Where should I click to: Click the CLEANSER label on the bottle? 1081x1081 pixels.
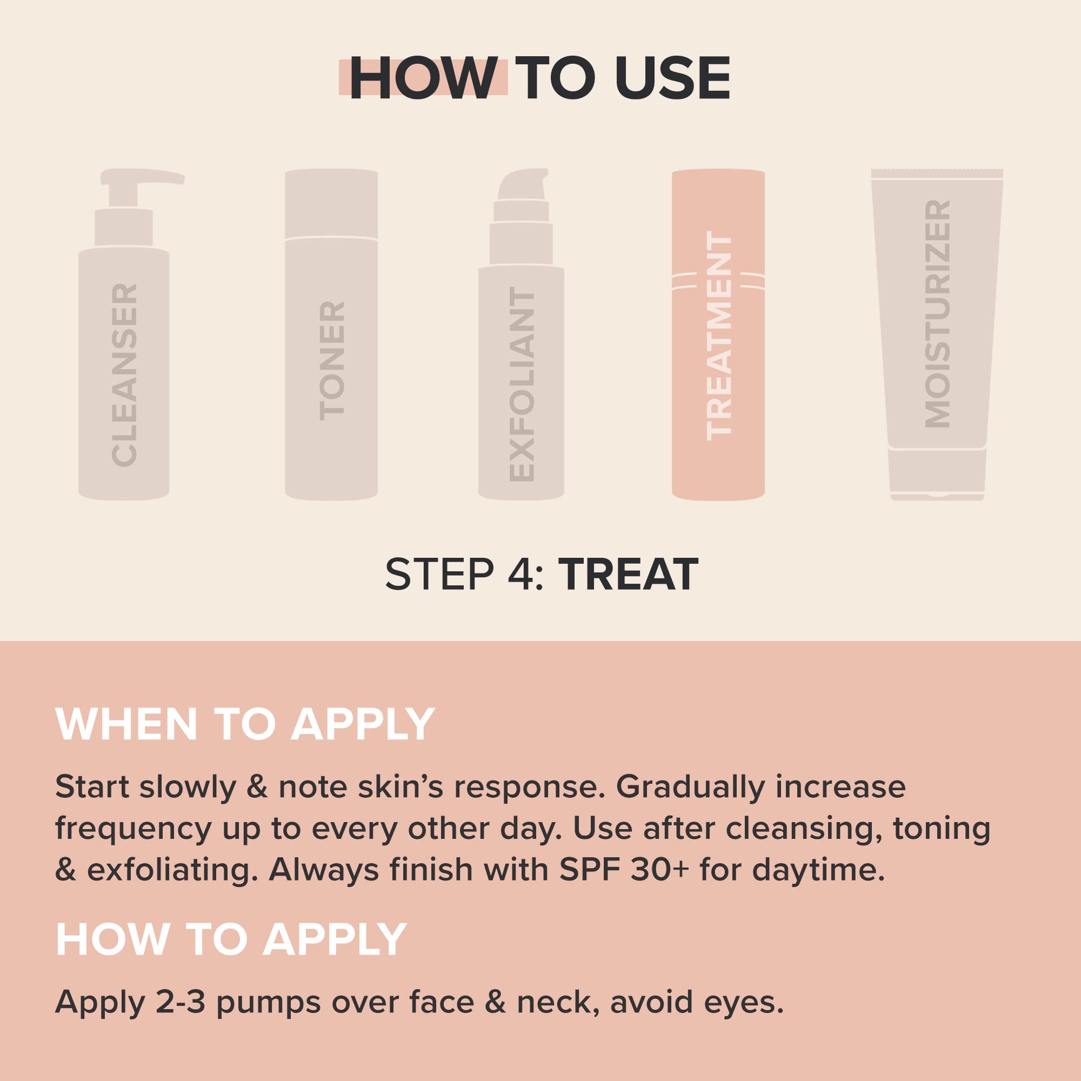[124, 376]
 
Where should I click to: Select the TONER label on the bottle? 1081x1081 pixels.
[332, 361]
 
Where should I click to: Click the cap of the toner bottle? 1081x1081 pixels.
[331, 204]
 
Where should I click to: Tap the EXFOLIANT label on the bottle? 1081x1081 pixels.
[522, 386]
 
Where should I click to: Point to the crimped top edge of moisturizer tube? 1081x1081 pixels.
[937, 173]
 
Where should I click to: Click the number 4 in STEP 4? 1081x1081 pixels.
[522, 575]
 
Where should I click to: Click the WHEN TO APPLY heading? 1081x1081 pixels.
[245, 725]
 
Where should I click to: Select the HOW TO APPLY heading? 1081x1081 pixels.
[231, 939]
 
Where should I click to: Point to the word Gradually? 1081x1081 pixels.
[690, 788]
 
